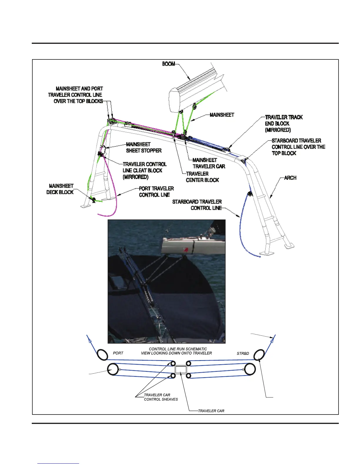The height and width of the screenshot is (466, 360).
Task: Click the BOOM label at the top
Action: tap(169, 64)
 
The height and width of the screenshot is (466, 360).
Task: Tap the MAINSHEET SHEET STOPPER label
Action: tap(144, 147)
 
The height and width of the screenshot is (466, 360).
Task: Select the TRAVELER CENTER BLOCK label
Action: tap(202, 177)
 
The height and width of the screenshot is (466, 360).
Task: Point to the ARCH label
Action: tap(290, 178)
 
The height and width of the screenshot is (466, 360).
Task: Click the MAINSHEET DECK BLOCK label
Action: tap(60, 189)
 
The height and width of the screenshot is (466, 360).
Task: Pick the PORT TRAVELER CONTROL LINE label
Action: tap(156, 192)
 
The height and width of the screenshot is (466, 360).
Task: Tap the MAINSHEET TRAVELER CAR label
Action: tap(209, 163)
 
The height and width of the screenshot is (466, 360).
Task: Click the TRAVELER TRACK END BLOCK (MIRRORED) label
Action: tap(284, 123)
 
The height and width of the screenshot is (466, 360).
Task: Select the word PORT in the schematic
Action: tap(118, 353)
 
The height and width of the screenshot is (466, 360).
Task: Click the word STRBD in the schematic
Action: tap(243, 353)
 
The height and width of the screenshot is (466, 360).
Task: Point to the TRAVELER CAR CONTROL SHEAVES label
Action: tap(161, 397)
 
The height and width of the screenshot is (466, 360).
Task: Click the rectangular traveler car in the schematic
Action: tap(181, 370)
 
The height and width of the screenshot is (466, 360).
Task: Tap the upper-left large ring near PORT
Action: tap(102, 355)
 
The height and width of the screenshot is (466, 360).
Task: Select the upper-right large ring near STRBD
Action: tap(259, 355)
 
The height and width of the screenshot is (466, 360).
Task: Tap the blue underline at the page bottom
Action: tap(58, 463)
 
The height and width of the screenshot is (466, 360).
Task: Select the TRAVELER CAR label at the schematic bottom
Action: tap(211, 411)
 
